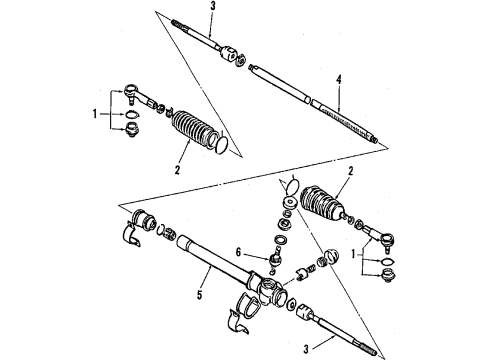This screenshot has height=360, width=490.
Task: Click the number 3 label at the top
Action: pos(211,7)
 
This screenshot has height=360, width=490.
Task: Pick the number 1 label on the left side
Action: pos(97,113)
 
